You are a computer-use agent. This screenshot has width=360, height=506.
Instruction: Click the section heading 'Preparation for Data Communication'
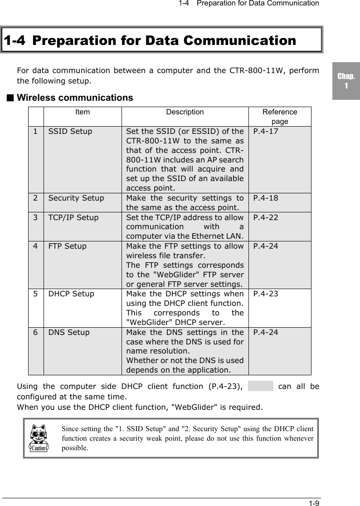tap(150, 40)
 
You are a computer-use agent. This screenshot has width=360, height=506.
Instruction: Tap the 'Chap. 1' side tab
tap(345, 81)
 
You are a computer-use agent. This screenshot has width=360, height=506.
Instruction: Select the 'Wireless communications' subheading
tap(75, 98)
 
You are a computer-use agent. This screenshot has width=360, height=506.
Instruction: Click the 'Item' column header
tap(83, 112)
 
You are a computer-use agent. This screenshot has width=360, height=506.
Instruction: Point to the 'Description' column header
tap(185, 112)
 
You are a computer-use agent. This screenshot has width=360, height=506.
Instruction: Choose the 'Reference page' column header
tap(280, 117)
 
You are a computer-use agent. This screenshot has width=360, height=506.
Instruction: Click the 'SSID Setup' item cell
tap(70, 132)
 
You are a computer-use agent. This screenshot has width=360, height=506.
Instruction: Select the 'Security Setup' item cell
tap(76, 198)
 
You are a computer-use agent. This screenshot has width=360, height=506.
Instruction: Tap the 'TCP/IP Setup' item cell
tap(73, 217)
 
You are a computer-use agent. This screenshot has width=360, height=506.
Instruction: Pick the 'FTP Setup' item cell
tap(68, 246)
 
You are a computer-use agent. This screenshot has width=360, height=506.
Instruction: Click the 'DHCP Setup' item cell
tap(71, 294)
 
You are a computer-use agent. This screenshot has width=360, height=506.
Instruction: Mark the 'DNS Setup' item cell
tap(69, 332)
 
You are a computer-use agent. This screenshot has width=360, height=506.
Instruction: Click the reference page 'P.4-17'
tap(266, 132)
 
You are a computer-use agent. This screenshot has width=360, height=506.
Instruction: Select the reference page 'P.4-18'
tap(266, 198)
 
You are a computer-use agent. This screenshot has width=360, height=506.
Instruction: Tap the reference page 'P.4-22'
tap(266, 217)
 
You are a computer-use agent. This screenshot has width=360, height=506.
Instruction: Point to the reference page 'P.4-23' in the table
tap(266, 294)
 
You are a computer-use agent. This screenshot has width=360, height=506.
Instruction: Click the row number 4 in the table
tap(35, 246)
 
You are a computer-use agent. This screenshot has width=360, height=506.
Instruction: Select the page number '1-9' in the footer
tap(314, 503)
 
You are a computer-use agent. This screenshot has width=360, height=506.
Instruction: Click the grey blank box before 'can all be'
tap(261, 386)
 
